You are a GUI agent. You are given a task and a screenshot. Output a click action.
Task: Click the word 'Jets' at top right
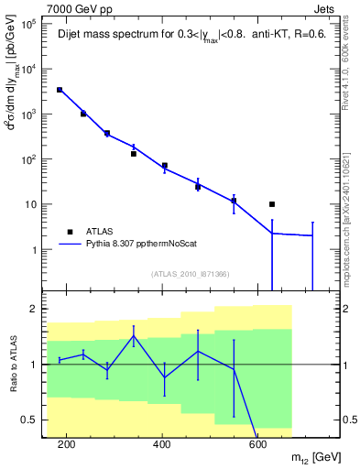(x=326, y=8)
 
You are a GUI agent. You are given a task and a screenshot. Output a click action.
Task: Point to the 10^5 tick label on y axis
(x=28, y=24)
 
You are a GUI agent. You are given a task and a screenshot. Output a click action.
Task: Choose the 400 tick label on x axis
(x=162, y=444)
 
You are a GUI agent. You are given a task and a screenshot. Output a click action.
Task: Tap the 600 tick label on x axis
(x=258, y=444)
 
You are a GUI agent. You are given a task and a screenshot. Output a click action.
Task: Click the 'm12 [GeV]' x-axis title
(x=311, y=458)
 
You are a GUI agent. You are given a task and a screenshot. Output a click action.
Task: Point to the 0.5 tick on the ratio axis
(x=28, y=420)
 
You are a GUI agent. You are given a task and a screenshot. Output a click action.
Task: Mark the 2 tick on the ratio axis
(x=33, y=309)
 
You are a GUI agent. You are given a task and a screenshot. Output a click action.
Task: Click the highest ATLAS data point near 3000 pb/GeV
(x=60, y=90)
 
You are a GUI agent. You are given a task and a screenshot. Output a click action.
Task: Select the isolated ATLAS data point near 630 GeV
(x=272, y=204)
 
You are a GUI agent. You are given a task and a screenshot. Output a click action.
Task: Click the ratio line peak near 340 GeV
(x=134, y=335)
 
